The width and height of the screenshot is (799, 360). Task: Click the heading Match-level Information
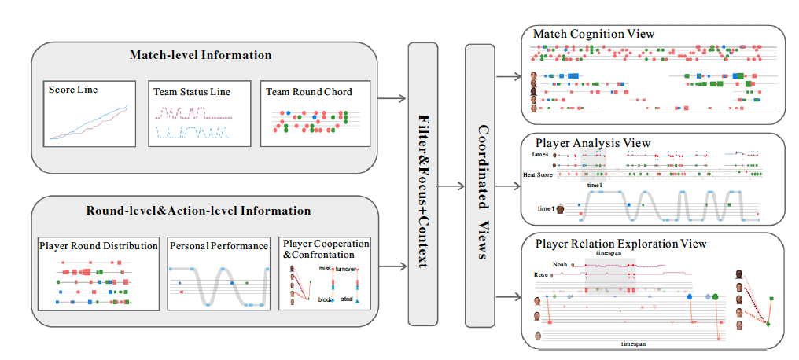tap(201, 56)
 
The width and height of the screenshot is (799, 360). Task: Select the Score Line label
tap(73, 90)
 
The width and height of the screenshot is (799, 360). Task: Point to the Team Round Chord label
tap(309, 92)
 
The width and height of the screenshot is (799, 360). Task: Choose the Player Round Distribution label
tap(98, 246)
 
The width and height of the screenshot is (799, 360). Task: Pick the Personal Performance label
tap(219, 246)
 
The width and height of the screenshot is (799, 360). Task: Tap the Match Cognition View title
tap(594, 34)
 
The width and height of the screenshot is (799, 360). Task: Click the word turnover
tap(345, 269)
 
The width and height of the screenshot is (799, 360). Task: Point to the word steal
tap(347, 299)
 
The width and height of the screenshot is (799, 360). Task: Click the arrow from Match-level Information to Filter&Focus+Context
tap(391, 98)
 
